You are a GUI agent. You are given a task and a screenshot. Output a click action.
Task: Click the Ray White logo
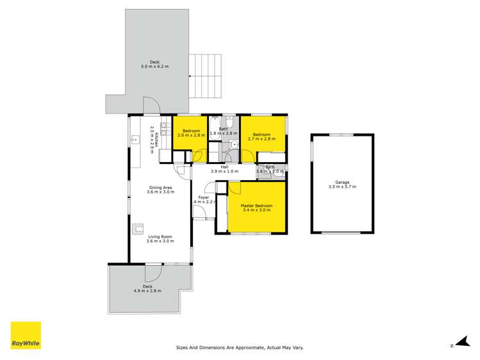(26, 336)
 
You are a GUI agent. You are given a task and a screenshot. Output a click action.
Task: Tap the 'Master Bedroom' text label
(256, 206)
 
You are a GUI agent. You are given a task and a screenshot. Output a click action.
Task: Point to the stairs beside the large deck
(204, 76)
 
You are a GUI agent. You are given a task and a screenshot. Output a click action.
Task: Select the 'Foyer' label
(204, 197)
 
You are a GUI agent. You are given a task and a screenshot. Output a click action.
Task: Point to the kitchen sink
(135, 139)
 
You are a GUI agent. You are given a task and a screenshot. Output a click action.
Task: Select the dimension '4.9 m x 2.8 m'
(147, 290)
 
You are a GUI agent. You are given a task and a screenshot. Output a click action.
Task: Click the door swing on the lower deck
(153, 273)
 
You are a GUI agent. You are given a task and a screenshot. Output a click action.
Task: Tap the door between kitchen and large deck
(149, 107)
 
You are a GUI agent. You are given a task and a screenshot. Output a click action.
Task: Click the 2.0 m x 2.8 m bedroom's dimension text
(191, 135)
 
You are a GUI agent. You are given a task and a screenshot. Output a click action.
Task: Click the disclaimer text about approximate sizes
(240, 348)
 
